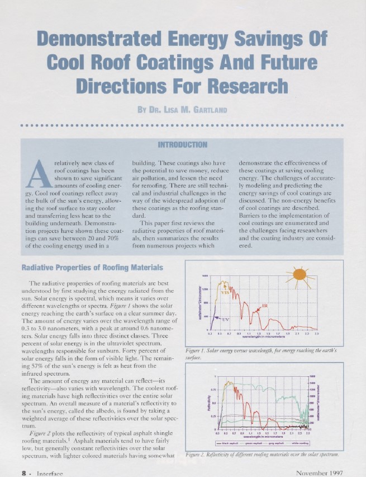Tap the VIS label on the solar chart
[x=225, y=292]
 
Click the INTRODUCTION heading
[x=183, y=145]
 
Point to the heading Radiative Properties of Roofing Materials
[x=92, y=266]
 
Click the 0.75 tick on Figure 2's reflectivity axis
[x=213, y=390]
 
